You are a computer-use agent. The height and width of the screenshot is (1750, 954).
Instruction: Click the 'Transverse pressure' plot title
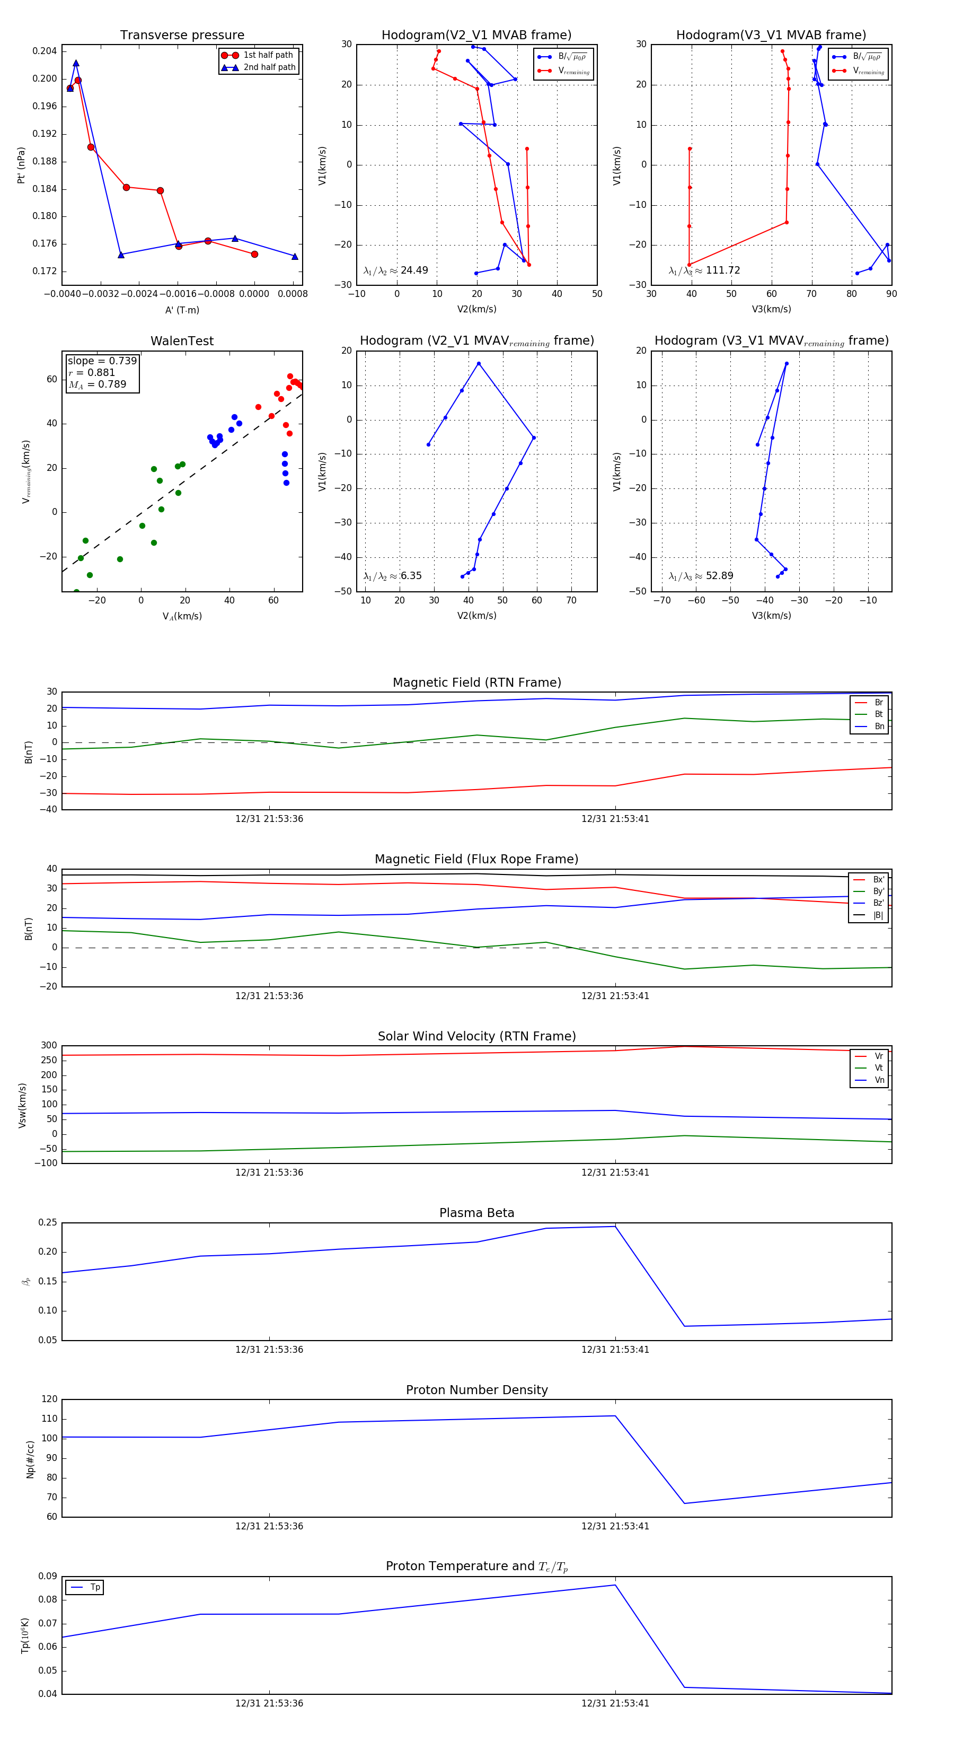[182, 36]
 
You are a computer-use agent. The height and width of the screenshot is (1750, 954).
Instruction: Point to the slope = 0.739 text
[102, 361]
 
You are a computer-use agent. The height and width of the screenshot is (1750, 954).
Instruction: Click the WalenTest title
[182, 341]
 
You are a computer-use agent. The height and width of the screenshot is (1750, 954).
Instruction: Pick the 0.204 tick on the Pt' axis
[45, 51]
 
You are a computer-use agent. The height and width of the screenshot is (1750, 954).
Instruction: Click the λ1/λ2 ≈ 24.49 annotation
[396, 270]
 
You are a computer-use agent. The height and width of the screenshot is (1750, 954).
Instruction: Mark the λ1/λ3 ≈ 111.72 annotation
[704, 270]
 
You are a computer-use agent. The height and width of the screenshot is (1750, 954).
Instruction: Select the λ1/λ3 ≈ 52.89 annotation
[701, 576]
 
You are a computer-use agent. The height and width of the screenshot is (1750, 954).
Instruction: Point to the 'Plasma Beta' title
[476, 1213]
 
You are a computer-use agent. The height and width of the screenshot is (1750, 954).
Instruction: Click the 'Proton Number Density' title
[476, 1390]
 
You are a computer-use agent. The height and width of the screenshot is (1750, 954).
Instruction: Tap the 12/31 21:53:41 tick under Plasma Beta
[615, 1349]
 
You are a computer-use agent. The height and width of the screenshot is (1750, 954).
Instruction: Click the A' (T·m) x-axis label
[182, 310]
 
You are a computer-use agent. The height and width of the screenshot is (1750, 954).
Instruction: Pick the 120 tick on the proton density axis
[50, 1399]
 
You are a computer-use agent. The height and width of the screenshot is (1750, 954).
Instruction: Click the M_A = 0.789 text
[97, 384]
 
